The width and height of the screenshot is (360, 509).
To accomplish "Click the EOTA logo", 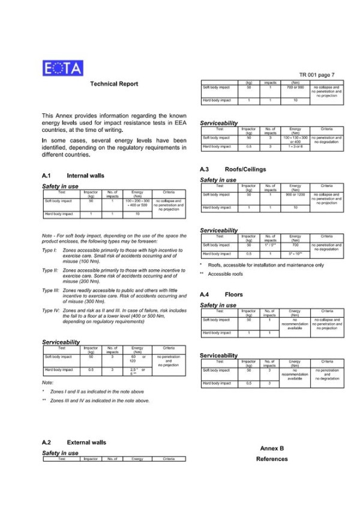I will [x=63, y=68].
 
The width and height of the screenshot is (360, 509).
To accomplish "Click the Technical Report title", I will [x=114, y=84].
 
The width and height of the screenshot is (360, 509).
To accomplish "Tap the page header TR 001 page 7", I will [x=316, y=75].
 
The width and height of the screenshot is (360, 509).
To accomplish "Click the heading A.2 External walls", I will [x=74, y=442].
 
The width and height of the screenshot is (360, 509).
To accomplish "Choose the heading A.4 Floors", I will [x=221, y=295].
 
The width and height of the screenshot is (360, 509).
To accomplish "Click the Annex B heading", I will [x=272, y=448].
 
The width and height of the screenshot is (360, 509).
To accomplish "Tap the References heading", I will [x=272, y=459].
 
